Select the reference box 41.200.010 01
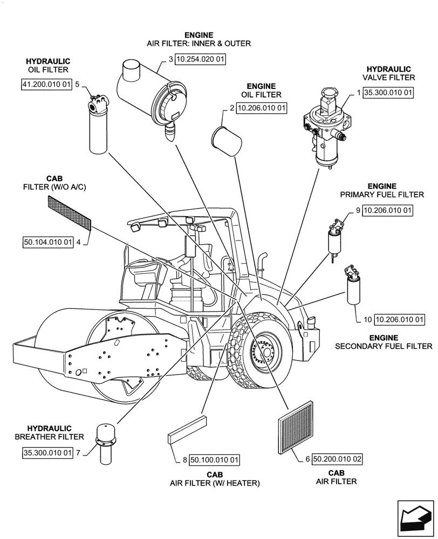(46, 85)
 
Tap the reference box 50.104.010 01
(48, 243)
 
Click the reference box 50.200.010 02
(337, 460)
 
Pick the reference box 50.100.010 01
(214, 460)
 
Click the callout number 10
(368, 320)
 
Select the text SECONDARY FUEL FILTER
(384, 346)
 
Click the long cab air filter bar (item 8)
(188, 430)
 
